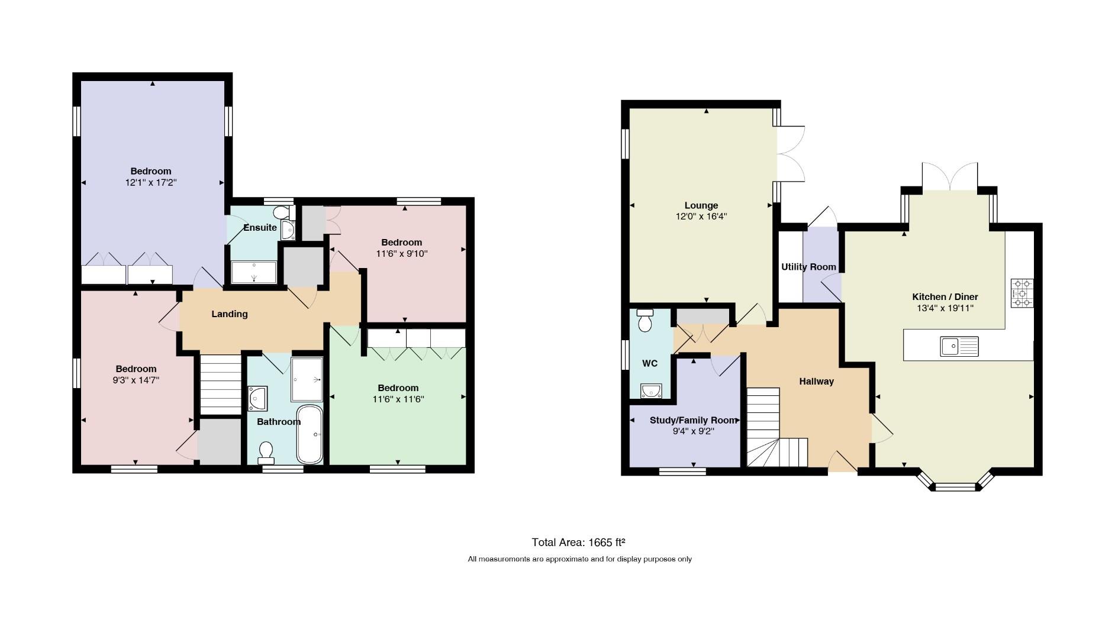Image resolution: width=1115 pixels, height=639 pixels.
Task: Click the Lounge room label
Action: pyautogui.click(x=701, y=206)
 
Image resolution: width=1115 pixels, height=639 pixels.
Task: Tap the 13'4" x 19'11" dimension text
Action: pyautogui.click(x=945, y=308)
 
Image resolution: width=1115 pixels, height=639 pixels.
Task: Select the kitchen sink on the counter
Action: pyautogui.click(x=959, y=346)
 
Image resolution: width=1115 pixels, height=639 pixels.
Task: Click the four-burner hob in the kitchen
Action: pyautogui.click(x=1022, y=293)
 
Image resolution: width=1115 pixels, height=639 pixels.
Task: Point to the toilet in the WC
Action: pyautogui.click(x=645, y=320)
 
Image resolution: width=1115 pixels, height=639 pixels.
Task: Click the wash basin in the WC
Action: pyautogui.click(x=651, y=391)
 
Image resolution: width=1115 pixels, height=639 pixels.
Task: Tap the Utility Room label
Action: pyautogui.click(x=808, y=267)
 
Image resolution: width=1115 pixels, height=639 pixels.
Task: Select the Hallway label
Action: pyautogui.click(x=816, y=382)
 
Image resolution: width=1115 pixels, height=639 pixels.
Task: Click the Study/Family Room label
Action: pyautogui.click(x=693, y=420)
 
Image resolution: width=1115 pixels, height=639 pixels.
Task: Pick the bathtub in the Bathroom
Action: pyautogui.click(x=310, y=435)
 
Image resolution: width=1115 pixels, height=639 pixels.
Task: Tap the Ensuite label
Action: pyautogui.click(x=260, y=227)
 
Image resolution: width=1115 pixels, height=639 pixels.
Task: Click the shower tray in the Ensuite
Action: pyautogui.click(x=253, y=272)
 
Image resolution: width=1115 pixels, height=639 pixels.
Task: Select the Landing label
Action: pyautogui.click(x=230, y=314)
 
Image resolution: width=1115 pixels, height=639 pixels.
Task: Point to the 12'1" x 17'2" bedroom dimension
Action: pyautogui.click(x=151, y=183)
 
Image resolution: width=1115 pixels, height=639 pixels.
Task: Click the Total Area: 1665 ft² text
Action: pyautogui.click(x=579, y=542)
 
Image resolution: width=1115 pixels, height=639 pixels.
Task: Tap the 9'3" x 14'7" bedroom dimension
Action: pyautogui.click(x=136, y=380)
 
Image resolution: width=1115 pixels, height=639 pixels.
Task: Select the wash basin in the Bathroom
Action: pyautogui.click(x=258, y=398)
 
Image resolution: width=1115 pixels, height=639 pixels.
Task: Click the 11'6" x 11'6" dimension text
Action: pyautogui.click(x=398, y=399)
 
